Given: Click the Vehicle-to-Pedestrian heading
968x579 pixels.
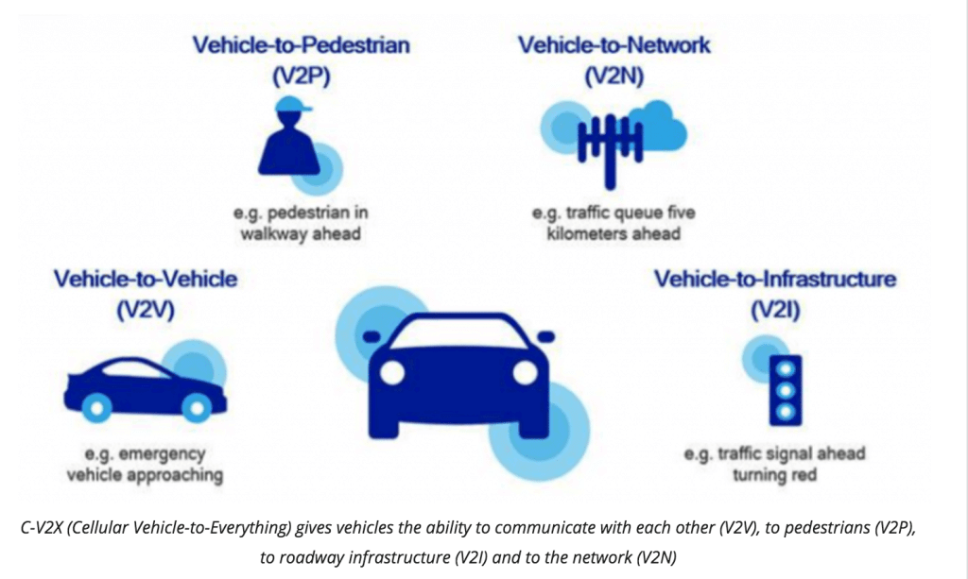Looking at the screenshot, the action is (x=301, y=45).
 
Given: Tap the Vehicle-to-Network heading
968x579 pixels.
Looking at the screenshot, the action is (x=614, y=45).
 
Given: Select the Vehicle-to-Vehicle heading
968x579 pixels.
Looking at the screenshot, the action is (x=146, y=279).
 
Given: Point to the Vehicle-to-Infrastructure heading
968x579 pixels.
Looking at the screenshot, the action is (x=775, y=279).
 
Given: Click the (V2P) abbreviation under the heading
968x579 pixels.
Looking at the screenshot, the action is (x=302, y=76).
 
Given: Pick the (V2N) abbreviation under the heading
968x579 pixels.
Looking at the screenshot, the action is (x=614, y=76).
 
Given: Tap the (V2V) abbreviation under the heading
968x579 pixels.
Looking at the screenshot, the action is (x=146, y=310).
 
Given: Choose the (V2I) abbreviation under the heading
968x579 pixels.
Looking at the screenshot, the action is (x=775, y=310).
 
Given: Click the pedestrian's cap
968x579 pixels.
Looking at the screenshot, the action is (x=292, y=104).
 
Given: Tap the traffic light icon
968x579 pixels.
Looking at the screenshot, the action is (x=786, y=390).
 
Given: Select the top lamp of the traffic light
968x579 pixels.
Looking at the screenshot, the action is (x=786, y=368).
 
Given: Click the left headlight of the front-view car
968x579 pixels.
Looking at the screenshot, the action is (x=392, y=372).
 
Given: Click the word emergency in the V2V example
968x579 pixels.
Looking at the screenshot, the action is (x=162, y=454).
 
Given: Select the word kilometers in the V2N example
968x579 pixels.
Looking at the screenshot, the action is (x=582, y=234).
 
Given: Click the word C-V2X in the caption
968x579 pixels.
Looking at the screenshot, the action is (x=40, y=528).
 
